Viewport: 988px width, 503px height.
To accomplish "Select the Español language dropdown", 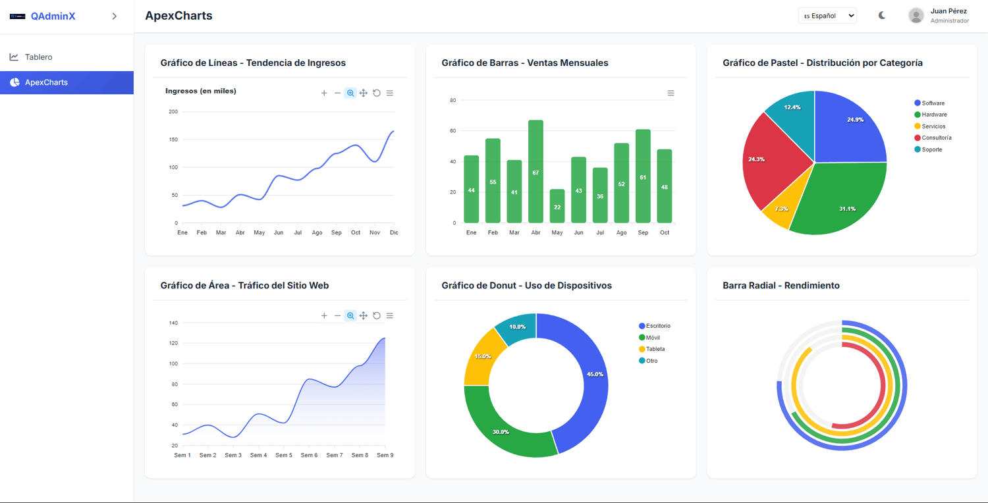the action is pyautogui.click(x=827, y=16).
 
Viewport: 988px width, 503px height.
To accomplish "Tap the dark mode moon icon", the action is pyautogui.click(x=882, y=15).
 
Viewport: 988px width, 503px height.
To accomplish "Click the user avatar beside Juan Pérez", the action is pyautogui.click(x=916, y=16).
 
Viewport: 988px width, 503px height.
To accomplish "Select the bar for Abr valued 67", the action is pyautogui.click(x=535, y=171).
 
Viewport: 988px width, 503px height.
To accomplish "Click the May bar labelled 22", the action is pyautogui.click(x=557, y=206).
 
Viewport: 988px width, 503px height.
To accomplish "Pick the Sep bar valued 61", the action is pyautogui.click(x=643, y=176).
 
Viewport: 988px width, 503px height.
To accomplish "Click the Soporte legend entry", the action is pyautogui.click(x=929, y=149).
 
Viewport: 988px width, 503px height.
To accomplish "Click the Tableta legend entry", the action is pyautogui.click(x=652, y=349).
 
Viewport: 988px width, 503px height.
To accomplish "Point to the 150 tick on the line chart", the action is pyautogui.click(x=173, y=140).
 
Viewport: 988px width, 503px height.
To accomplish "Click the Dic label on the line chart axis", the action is pyautogui.click(x=394, y=232).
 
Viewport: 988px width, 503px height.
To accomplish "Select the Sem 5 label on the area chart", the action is pyautogui.click(x=284, y=455).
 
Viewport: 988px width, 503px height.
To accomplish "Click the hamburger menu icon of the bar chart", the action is pyautogui.click(x=671, y=93).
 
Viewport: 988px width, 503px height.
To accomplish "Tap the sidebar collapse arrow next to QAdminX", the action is pyautogui.click(x=115, y=16).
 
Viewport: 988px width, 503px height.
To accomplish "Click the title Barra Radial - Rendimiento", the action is pyautogui.click(x=781, y=285).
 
